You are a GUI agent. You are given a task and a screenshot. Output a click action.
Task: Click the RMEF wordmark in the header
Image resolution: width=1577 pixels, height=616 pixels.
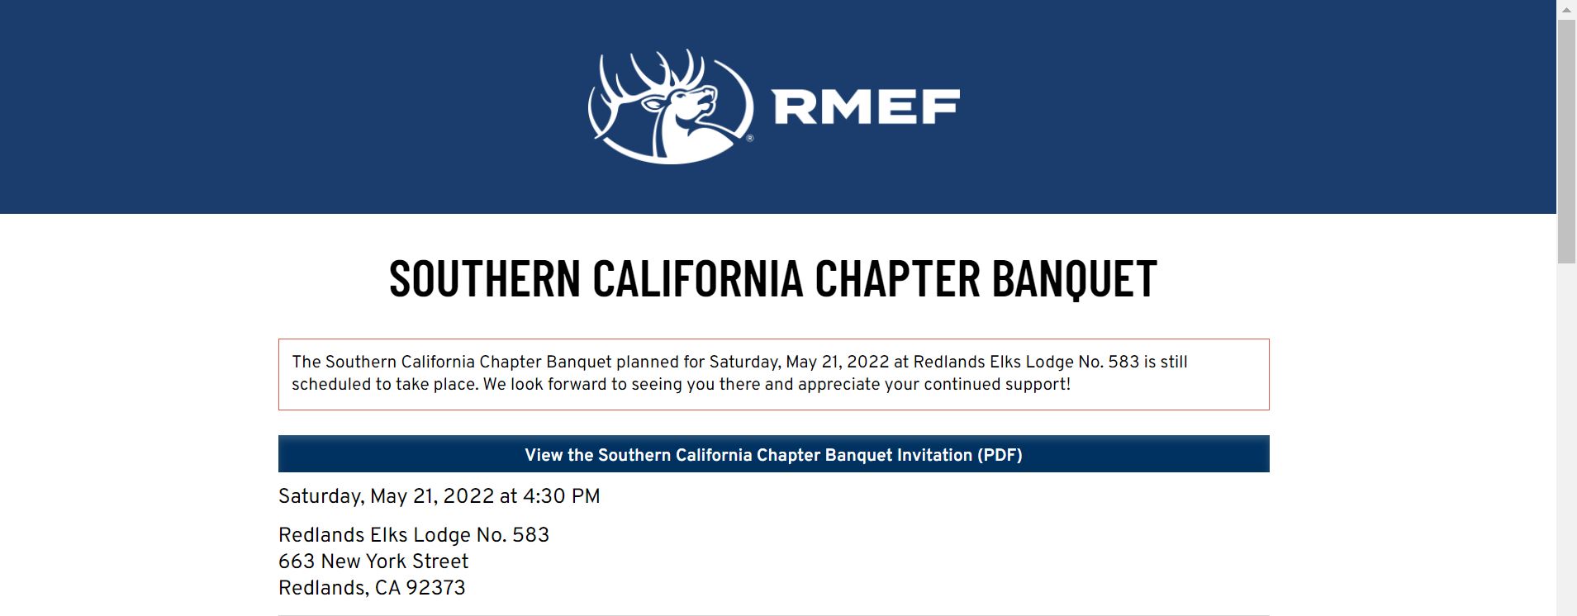(x=866, y=107)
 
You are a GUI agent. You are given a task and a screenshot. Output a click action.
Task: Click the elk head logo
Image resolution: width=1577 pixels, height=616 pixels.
(x=670, y=106)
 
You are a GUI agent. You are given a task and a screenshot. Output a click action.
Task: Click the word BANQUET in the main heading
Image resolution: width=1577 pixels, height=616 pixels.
(x=1074, y=278)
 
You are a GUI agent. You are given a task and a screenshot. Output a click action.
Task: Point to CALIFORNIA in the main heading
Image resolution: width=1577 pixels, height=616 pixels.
(x=698, y=278)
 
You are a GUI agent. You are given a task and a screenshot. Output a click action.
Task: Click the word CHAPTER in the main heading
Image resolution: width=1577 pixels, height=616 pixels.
(x=897, y=278)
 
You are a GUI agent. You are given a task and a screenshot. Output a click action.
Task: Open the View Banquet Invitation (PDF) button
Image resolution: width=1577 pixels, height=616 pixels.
(x=773, y=454)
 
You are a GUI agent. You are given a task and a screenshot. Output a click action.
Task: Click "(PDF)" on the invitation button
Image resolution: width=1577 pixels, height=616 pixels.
(x=1000, y=455)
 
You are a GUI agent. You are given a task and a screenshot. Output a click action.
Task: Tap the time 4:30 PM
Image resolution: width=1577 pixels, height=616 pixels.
(x=561, y=496)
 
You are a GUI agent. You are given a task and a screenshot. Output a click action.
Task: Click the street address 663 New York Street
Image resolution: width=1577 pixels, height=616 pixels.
(x=373, y=562)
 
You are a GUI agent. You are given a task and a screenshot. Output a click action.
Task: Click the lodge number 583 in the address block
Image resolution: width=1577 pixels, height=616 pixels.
(x=530, y=535)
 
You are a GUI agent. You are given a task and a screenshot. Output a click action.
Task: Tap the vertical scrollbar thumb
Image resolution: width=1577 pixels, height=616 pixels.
(x=1566, y=140)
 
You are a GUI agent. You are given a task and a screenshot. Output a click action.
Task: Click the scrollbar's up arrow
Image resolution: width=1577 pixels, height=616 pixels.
(x=1566, y=9)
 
